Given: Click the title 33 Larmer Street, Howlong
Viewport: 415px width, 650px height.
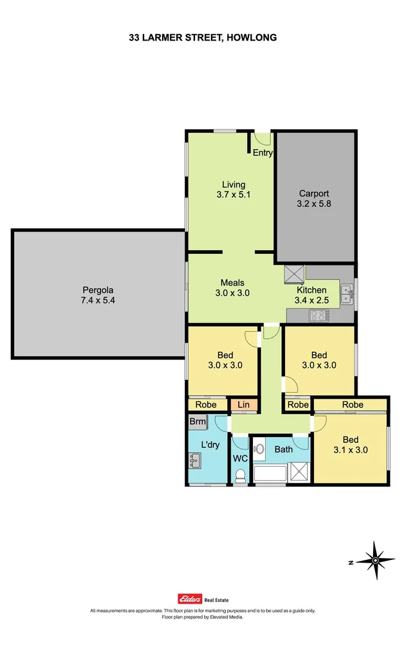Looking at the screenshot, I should (x=203, y=38).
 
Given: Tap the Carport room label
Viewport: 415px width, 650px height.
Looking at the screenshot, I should (x=314, y=194).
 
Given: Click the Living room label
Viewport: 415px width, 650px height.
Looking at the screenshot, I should (x=233, y=185).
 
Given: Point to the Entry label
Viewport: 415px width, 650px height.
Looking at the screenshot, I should (x=263, y=153).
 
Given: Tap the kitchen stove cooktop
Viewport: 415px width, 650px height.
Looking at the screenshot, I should (x=319, y=315).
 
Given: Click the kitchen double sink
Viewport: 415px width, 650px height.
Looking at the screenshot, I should (x=347, y=294).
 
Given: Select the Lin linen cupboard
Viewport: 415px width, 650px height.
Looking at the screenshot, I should (x=243, y=405).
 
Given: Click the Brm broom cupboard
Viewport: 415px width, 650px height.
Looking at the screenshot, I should (x=197, y=422).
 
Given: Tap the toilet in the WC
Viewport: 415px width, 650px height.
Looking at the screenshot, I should (x=239, y=475).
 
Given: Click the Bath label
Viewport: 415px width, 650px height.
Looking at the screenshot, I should (x=284, y=449).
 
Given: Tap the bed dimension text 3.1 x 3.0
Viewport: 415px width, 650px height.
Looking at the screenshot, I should (x=351, y=450).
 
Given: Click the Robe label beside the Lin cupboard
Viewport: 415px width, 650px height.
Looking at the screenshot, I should (x=206, y=405).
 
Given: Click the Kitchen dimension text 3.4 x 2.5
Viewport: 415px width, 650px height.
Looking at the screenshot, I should (x=311, y=300).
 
